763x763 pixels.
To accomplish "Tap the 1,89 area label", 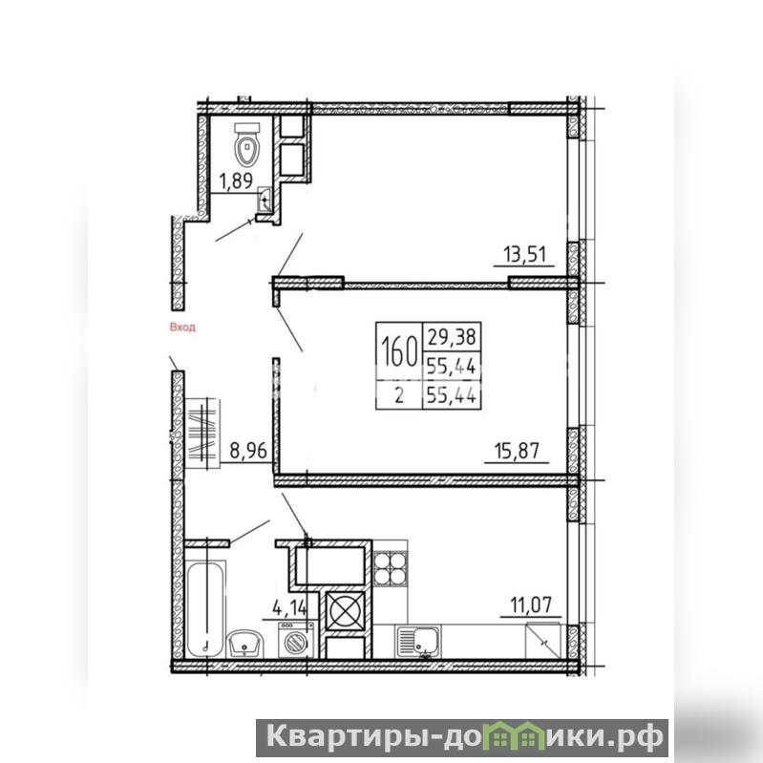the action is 236,181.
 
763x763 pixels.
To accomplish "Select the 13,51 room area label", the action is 524,254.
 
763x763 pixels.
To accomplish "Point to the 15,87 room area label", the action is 517,451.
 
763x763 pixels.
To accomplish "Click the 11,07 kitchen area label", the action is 531,605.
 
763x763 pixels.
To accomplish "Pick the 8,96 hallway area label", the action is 248,451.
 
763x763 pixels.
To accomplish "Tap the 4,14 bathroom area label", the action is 290,607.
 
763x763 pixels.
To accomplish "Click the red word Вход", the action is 182,327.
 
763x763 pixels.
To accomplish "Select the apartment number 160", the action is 399,351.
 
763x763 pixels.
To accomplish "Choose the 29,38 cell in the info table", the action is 451,337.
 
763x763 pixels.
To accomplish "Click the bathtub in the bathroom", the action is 206,608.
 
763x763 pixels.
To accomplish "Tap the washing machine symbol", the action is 296,640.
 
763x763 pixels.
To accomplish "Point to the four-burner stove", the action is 391,567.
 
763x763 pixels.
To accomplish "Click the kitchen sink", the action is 419,642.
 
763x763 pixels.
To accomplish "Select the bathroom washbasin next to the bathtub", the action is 245,644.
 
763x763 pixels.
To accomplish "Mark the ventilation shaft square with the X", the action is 345,610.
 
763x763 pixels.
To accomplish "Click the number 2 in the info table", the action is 399,395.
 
